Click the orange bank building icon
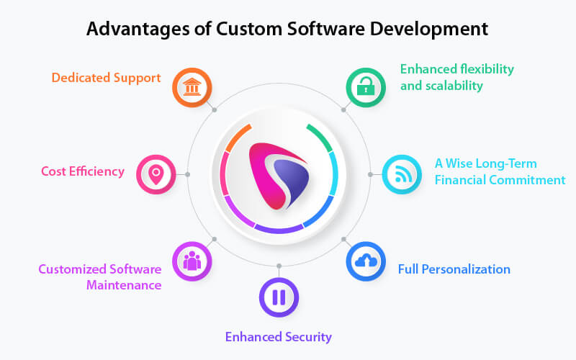pyautogui.click(x=192, y=87)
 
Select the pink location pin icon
pyautogui.click(x=156, y=174)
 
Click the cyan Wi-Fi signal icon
pyautogui.click(x=403, y=174)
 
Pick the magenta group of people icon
pyautogui.click(x=192, y=261)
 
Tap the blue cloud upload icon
pyautogui.click(x=366, y=261)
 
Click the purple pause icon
pyautogui.click(x=279, y=297)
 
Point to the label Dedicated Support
pyautogui.click(x=106, y=78)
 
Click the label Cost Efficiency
pyautogui.click(x=83, y=171)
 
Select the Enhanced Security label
pyautogui.click(x=279, y=337)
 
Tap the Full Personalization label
pyautogui.click(x=454, y=269)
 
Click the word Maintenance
pyautogui.click(x=124, y=285)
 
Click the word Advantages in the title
pyautogui.click(x=138, y=29)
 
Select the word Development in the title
pyautogui.click(x=429, y=29)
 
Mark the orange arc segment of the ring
pyautogui.click(x=238, y=138)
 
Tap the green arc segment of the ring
pyautogui.click(x=320, y=138)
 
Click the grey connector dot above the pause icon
pyautogui.click(x=279, y=266)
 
